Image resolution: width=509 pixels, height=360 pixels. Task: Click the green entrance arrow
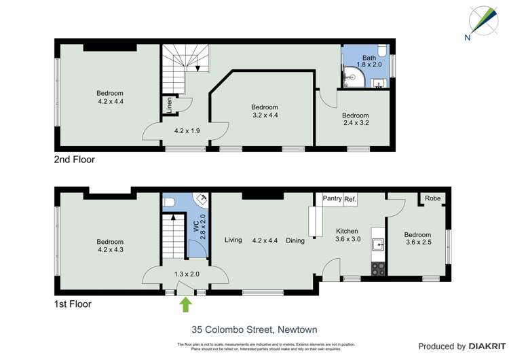click(x=185, y=305)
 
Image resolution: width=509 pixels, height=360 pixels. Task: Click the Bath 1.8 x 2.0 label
click(x=369, y=61)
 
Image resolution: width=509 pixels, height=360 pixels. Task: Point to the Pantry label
click(x=332, y=199)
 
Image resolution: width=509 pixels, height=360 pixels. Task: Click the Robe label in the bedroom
click(x=432, y=199)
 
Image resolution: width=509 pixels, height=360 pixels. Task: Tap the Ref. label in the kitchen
click(x=350, y=199)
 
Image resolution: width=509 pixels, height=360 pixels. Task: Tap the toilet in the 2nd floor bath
click(x=382, y=51)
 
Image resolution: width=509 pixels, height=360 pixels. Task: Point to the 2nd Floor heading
click(x=74, y=160)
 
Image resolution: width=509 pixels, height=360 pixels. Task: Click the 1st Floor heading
click(x=72, y=304)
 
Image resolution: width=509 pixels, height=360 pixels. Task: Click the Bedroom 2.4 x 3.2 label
click(x=355, y=120)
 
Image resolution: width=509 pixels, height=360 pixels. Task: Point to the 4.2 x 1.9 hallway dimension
click(x=187, y=131)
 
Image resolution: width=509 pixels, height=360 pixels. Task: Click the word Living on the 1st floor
click(x=233, y=240)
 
